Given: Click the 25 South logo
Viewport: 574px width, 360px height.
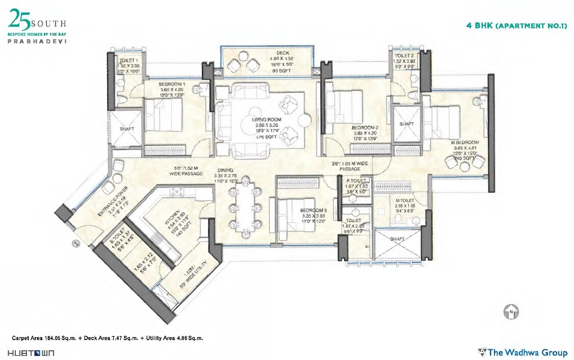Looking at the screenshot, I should pyautogui.click(x=37, y=29).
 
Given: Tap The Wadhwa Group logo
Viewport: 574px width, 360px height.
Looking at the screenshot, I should pyautogui.click(x=523, y=352).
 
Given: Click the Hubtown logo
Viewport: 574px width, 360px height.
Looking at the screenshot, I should pyautogui.click(x=31, y=353).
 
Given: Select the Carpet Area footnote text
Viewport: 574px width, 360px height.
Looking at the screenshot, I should pyautogui.click(x=108, y=338).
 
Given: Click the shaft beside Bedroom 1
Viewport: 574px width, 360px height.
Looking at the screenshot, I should pyautogui.click(x=127, y=128).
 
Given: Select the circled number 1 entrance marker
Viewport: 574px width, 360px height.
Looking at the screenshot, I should pyautogui.click(x=75, y=244).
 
